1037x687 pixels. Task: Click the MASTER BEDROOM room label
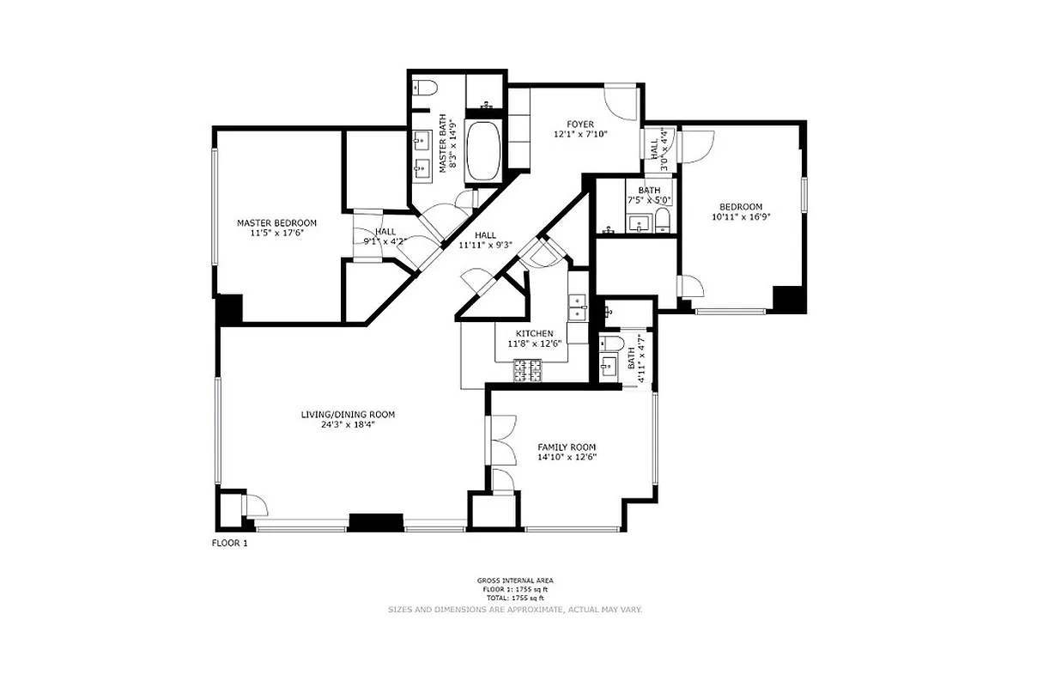(x=276, y=223)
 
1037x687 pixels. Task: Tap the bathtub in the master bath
(x=485, y=150)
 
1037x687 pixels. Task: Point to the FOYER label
(x=579, y=125)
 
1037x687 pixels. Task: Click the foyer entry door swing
(x=619, y=101)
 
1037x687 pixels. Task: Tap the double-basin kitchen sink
(x=578, y=307)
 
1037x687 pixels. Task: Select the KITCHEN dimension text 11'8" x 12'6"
(x=534, y=343)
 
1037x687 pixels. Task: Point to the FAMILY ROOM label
(x=567, y=447)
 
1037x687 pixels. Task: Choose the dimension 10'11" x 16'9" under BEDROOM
(x=740, y=217)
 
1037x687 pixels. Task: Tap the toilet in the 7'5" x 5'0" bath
(x=663, y=223)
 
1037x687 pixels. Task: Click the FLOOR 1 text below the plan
(x=229, y=543)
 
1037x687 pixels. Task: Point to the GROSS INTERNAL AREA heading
(x=515, y=581)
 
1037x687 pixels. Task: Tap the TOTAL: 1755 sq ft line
(x=515, y=597)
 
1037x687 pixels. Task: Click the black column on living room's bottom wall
(x=375, y=521)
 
